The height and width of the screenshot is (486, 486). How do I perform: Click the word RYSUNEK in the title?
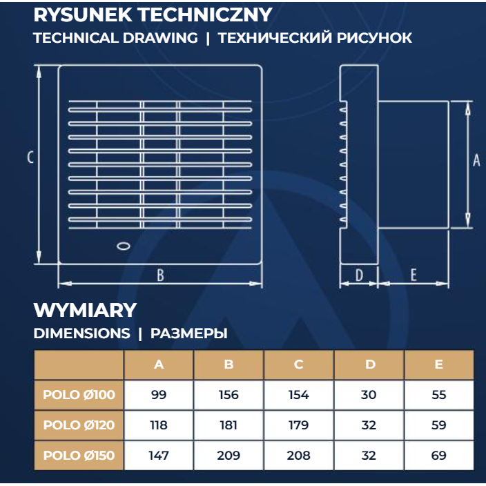[x=83, y=14]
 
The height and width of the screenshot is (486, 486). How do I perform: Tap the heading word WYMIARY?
[x=85, y=310]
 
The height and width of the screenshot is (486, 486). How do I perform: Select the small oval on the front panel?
[x=124, y=246]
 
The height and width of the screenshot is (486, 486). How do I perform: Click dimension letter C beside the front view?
[x=30, y=157]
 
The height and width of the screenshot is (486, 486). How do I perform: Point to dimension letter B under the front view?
[x=160, y=275]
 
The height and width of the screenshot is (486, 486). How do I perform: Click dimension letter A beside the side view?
[x=476, y=160]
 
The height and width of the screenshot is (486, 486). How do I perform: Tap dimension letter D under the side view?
[x=359, y=275]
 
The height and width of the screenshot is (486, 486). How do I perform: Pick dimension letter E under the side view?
[x=414, y=275]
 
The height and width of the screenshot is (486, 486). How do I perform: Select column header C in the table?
[x=298, y=364]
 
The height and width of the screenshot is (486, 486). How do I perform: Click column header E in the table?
[x=438, y=364]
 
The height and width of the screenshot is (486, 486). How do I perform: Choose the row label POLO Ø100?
[x=79, y=395]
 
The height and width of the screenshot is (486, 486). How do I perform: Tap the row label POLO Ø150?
[x=79, y=456]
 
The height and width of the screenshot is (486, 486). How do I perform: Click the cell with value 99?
[x=159, y=395]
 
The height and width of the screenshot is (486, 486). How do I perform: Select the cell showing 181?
[x=229, y=425]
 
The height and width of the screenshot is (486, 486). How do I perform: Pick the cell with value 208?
[x=298, y=456]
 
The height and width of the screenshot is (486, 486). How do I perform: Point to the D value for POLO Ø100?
[x=369, y=395]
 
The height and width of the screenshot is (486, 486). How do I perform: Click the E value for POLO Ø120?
[x=438, y=425]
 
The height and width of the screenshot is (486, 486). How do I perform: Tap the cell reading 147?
[x=159, y=456]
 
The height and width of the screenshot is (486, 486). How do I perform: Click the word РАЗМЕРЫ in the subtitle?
[x=188, y=333]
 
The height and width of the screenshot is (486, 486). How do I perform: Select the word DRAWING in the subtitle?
[x=160, y=38]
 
